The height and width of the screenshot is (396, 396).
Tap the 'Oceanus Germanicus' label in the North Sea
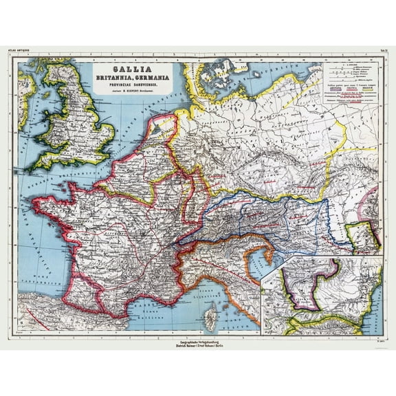pos(131,131)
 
